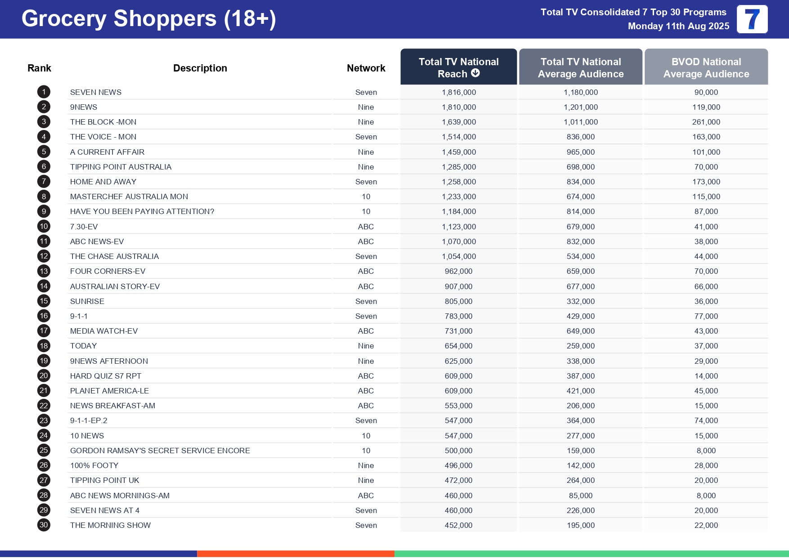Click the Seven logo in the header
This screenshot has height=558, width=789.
pos(752,19)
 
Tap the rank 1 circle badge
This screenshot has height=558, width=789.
pos(44,92)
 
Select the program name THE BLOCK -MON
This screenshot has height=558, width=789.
pos(103,122)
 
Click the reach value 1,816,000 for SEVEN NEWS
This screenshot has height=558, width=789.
pos(458,92)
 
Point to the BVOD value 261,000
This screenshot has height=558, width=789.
pos(706,122)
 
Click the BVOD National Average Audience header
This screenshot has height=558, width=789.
pos(706,67)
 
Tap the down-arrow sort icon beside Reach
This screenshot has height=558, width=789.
pos(475,73)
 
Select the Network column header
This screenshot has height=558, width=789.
pos(366,68)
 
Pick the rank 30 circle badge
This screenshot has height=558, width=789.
pos(44,525)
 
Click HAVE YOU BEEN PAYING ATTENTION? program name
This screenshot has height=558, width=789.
pos(142,211)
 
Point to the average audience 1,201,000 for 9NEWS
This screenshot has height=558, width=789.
pos(580,107)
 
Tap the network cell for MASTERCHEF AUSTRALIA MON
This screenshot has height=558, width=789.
pos(366,196)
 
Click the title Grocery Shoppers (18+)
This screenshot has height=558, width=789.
pos(148,19)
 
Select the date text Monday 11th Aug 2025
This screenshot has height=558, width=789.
pos(678,26)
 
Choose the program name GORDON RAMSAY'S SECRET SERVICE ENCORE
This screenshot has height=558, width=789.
pos(160,451)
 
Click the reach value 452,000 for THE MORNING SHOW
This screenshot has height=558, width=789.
pos(458,525)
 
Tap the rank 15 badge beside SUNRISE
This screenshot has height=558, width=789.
pos(44,301)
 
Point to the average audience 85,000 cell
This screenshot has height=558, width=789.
pos(580,496)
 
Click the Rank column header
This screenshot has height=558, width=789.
pos(39,68)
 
